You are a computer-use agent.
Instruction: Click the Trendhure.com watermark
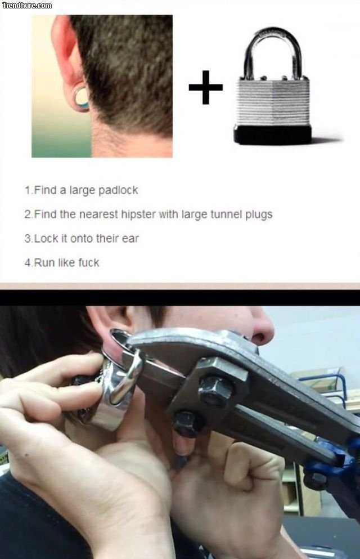[x=26, y=5]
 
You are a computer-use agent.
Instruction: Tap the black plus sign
[x=206, y=87]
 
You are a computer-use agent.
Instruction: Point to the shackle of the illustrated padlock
[x=273, y=53]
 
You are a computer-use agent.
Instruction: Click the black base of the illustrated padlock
[x=273, y=135]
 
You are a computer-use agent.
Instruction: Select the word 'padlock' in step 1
[x=118, y=190]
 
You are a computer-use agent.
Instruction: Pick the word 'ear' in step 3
[x=130, y=239]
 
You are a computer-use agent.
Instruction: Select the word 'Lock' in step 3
[x=46, y=239]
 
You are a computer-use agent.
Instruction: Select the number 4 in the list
[x=28, y=263]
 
